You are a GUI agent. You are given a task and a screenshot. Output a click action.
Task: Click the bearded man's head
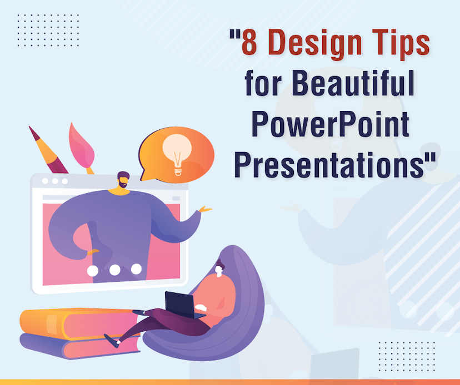(123, 181)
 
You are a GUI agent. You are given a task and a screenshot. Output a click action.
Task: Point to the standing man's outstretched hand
(204, 210)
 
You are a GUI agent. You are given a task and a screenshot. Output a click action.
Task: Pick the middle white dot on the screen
(115, 270)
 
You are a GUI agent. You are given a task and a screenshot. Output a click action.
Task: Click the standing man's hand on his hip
(92, 251)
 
